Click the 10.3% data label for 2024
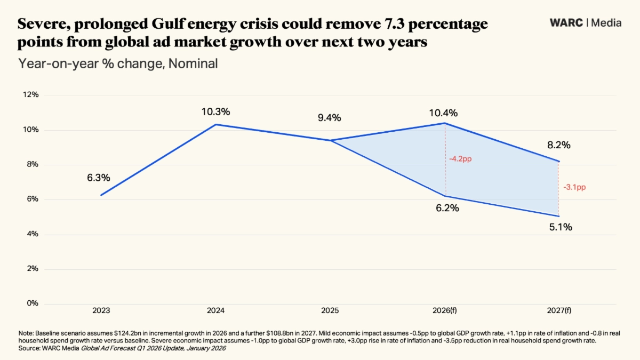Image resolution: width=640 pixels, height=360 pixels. (x=215, y=112)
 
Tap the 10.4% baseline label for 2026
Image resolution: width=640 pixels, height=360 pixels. (x=444, y=113)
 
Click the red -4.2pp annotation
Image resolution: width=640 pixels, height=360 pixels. (x=460, y=159)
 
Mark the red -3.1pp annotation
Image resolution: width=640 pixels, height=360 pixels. (x=575, y=188)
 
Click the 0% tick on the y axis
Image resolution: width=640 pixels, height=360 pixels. (x=33, y=303)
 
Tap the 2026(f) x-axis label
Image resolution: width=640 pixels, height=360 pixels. (x=445, y=310)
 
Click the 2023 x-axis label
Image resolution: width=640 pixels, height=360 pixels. (x=101, y=310)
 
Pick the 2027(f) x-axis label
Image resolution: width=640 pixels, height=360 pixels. (x=558, y=310)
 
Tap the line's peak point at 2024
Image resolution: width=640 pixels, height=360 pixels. (x=215, y=124)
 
